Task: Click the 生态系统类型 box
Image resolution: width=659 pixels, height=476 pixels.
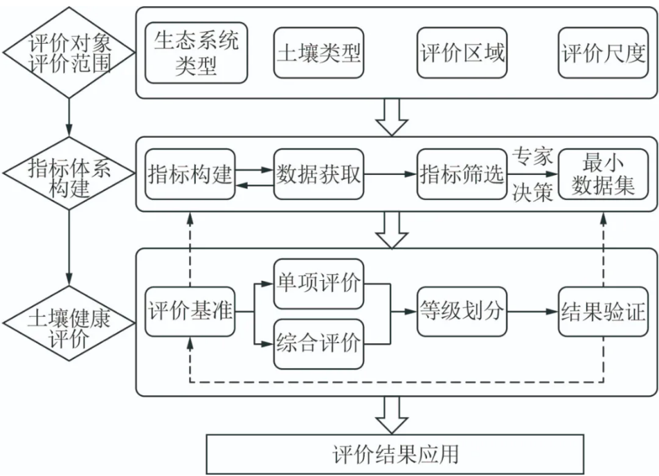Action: (x=196, y=53)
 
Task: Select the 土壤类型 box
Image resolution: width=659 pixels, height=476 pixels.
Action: (x=319, y=53)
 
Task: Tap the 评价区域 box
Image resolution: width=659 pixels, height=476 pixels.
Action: (x=462, y=53)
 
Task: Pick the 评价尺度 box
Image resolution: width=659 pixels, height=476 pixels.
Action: (x=604, y=53)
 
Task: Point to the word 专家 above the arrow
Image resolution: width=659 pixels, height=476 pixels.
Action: (x=532, y=157)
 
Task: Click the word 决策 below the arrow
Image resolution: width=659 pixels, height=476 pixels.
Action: (x=532, y=193)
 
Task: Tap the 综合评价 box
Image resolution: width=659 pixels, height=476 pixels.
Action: (x=319, y=342)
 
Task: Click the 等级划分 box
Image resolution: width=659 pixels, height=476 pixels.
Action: (x=462, y=312)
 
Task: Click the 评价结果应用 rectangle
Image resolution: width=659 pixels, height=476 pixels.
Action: (x=395, y=454)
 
